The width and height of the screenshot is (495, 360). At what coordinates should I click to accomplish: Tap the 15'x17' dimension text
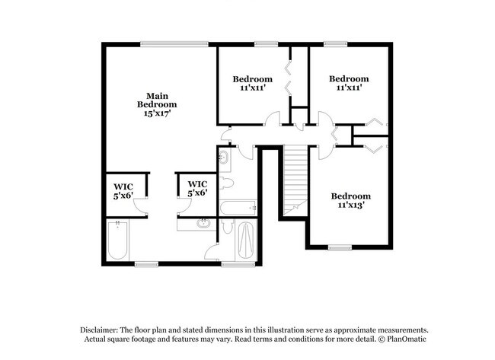pos(157,113)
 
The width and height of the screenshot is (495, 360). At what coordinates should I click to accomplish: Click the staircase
pos(295,181)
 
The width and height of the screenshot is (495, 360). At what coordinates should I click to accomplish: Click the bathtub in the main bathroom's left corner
pos(118,241)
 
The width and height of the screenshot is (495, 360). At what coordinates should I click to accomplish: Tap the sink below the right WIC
pos(203,224)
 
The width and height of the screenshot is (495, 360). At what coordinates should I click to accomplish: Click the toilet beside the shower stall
pos(228,229)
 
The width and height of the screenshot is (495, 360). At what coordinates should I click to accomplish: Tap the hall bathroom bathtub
pos(238,208)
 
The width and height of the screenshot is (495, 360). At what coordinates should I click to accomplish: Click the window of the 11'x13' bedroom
pos(340,247)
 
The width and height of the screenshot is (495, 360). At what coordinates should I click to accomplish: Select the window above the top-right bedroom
pos(335,43)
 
